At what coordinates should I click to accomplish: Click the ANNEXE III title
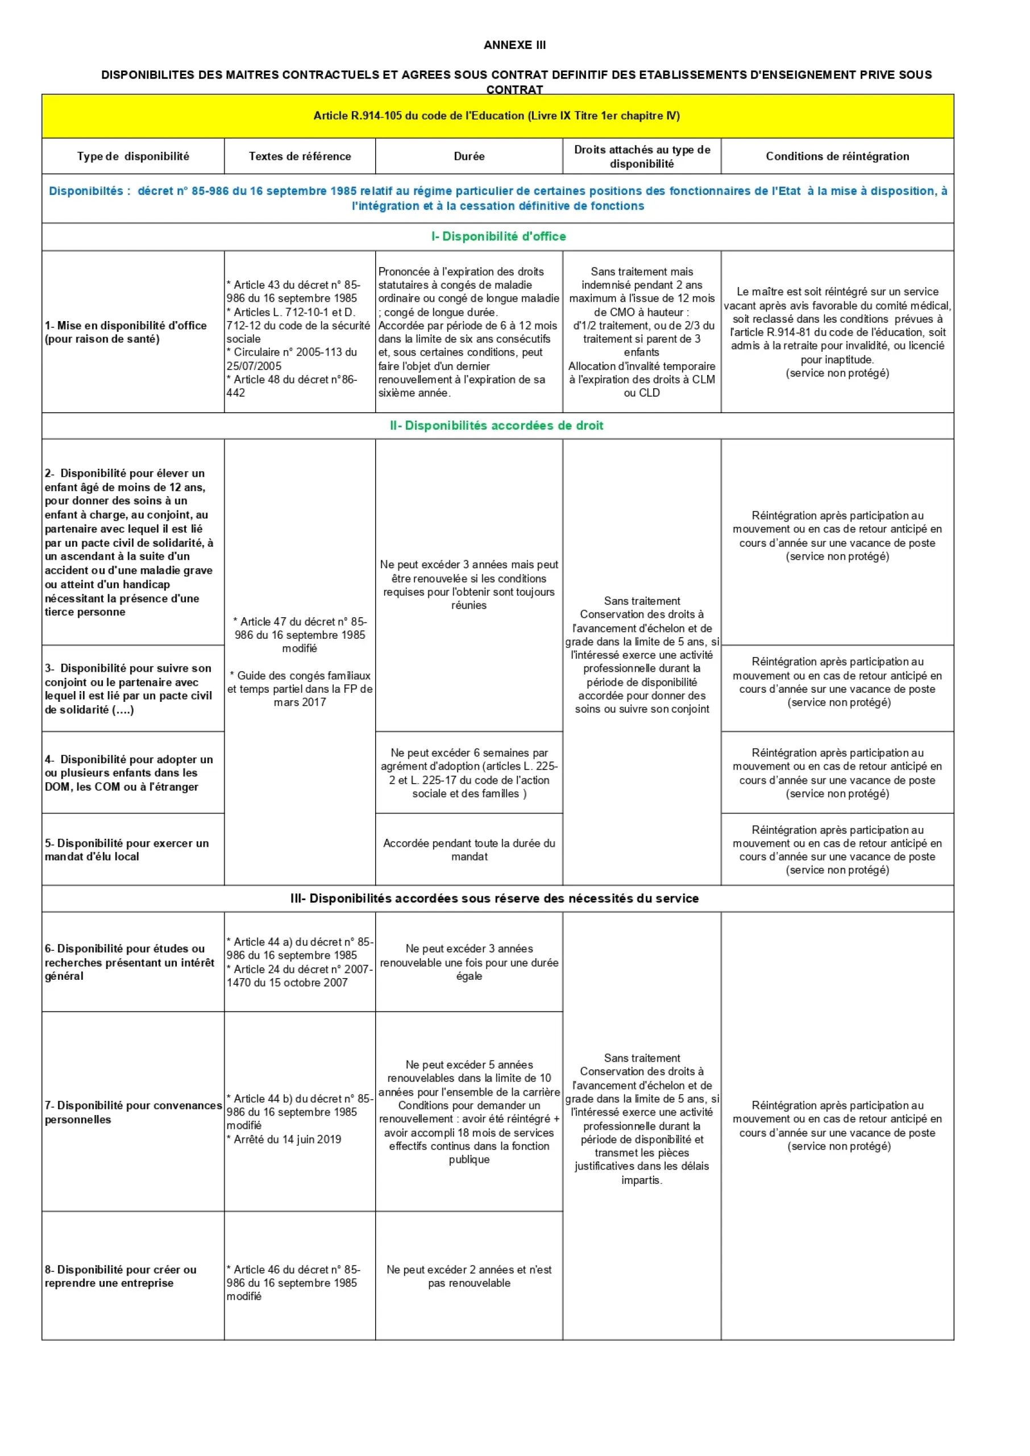point(514,45)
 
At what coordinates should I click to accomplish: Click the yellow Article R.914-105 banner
point(497,116)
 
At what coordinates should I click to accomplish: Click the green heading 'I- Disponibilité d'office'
point(499,236)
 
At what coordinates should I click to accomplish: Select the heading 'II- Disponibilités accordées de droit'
point(497,426)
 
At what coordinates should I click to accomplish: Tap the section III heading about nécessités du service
point(494,898)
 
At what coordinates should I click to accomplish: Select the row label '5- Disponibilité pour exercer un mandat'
point(127,850)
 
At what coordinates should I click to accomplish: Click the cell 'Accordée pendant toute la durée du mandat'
point(469,850)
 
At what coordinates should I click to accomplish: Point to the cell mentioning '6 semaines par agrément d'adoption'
point(469,773)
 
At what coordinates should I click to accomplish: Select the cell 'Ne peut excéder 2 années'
point(469,1276)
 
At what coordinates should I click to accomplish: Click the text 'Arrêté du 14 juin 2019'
point(287,1139)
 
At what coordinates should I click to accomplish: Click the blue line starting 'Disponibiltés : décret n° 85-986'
point(498,198)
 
